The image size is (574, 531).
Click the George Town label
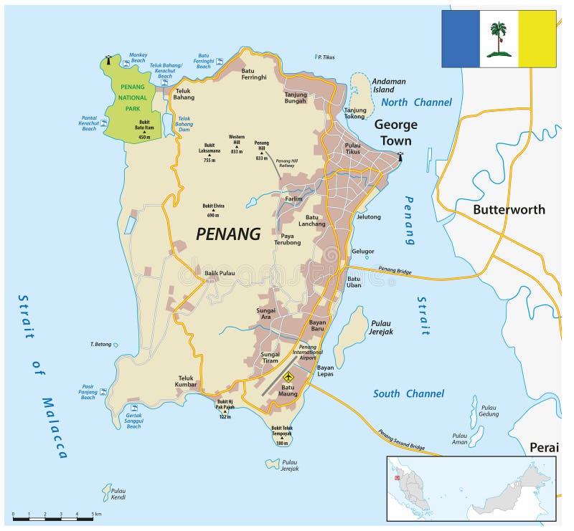coord(395,133)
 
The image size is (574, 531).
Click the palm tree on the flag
coord(498,39)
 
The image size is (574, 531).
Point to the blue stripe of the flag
coord(460,39)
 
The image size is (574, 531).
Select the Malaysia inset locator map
coord(472,487)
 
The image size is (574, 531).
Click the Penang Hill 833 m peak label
coord(261,153)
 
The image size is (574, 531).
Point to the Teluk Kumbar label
coord(186,382)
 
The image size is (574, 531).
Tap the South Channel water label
coord(408,393)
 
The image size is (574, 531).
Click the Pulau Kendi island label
coord(118,494)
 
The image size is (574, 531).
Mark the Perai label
coord(543,447)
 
